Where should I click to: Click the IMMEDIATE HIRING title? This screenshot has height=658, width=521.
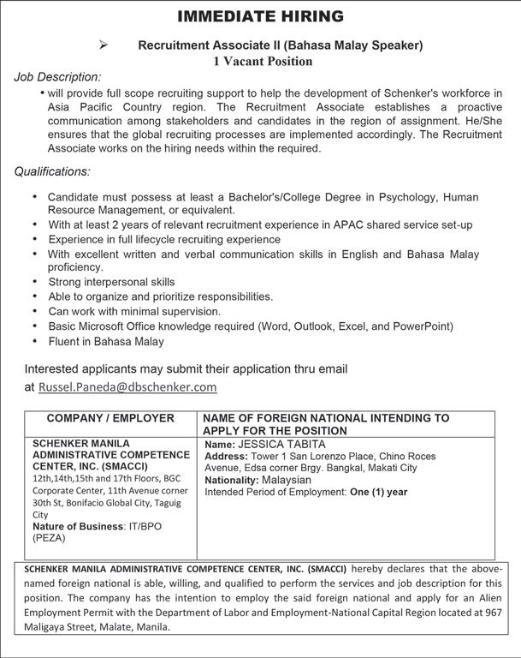tap(260, 16)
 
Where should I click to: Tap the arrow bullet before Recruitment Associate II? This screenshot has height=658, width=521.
tap(104, 45)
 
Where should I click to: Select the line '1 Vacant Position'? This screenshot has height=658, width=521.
tap(263, 61)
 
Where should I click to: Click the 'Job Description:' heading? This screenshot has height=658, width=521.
tap(57, 77)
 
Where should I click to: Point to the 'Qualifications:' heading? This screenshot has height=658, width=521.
tap(52, 171)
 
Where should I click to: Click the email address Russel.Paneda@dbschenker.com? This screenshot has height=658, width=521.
tap(127, 386)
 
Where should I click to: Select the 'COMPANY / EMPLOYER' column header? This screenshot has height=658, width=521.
tap(110, 418)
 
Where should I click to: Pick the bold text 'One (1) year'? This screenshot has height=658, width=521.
tap(379, 492)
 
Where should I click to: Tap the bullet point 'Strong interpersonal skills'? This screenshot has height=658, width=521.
tap(111, 282)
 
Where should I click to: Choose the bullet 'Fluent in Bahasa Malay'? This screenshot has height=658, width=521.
tap(106, 341)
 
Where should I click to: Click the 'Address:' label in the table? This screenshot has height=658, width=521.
tap(226, 457)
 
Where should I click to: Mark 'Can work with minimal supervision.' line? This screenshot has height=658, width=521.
tap(134, 311)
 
